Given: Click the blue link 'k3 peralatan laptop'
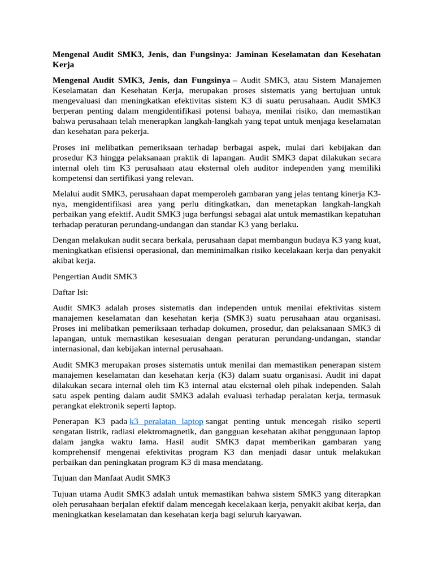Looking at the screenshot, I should [x=166, y=422].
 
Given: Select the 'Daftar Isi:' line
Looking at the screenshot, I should [x=70, y=293].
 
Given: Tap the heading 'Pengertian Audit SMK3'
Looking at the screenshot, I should [x=94, y=277].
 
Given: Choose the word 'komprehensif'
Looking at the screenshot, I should [x=77, y=452].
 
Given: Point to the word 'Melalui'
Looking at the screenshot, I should [x=66, y=193].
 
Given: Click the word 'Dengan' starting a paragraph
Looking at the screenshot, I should [x=66, y=240].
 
